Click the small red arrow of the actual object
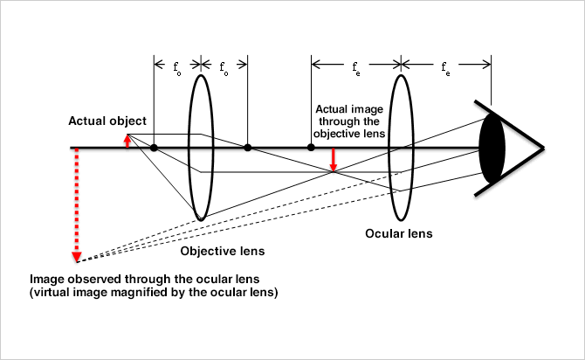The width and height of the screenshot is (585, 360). tap(127, 141)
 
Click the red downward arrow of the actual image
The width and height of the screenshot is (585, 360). tap(333, 159)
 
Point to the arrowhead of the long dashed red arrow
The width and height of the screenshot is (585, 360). tap(77, 255)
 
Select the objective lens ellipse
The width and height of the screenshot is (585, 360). tap(200, 147)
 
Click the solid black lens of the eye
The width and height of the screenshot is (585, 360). tap(493, 148)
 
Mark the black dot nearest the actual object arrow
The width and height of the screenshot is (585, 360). tap(154, 148)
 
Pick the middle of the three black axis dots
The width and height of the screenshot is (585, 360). tap(247, 148)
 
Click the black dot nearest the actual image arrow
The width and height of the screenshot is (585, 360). tap(311, 148)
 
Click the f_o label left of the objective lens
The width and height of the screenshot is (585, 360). tap(177, 66)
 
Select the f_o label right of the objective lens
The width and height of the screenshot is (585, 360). tap(224, 66)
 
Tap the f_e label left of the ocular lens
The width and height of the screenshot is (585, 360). tap(355, 66)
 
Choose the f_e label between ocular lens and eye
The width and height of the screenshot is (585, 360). tap(445, 66)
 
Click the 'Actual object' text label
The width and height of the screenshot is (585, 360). tap(107, 121)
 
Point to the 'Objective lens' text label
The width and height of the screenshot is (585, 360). tap(222, 252)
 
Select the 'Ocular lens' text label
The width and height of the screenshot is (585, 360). tap(399, 234)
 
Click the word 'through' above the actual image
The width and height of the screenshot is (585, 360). tap(338, 121)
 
